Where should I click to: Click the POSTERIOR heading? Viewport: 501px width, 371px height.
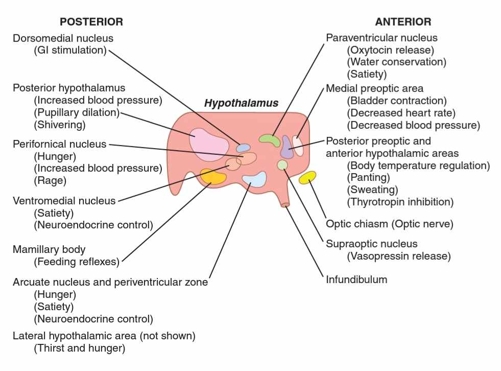point(91,22)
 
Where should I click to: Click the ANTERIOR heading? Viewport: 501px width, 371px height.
point(403,22)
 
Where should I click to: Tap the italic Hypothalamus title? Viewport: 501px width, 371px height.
point(241,103)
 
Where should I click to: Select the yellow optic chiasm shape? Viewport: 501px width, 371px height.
point(307,177)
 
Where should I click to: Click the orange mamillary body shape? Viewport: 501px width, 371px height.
point(213,177)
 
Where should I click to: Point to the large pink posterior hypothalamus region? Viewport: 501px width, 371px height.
point(209,145)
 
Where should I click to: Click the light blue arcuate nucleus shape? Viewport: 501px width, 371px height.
point(255,179)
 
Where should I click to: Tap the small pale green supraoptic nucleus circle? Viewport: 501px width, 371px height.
point(282,165)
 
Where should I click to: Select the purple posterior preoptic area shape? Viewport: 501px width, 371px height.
point(287,147)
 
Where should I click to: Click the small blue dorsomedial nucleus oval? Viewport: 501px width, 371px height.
point(243,148)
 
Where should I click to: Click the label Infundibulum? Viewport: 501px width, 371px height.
point(356,280)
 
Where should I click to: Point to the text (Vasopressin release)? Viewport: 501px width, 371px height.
point(399,256)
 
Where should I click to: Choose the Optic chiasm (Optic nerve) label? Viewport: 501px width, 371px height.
point(390,224)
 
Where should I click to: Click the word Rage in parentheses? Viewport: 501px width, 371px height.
point(50,181)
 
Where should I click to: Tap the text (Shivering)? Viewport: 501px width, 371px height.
point(60,125)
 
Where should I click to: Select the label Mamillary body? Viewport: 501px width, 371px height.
point(49,249)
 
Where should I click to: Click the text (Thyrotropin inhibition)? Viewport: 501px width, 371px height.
point(400,202)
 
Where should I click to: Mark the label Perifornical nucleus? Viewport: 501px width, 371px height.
point(59,144)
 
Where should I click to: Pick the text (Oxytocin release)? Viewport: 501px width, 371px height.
point(391,50)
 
